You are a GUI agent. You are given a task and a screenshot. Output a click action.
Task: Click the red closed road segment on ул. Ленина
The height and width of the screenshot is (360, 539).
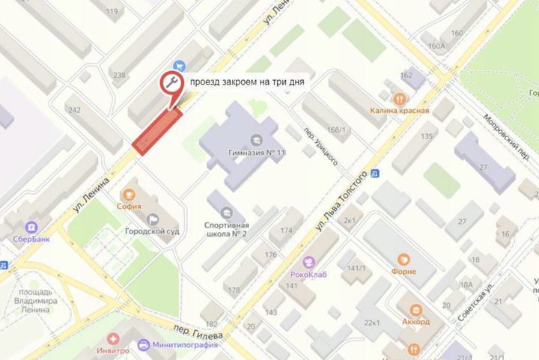pyautogui.click(x=158, y=129)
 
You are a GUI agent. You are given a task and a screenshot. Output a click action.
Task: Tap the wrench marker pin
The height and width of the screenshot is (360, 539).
pyautogui.click(x=173, y=84)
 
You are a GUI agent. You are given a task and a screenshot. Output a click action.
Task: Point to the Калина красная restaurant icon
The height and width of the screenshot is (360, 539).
pyautogui.click(x=399, y=98)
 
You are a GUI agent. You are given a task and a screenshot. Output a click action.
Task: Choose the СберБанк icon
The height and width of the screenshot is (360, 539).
pyautogui.click(x=33, y=227)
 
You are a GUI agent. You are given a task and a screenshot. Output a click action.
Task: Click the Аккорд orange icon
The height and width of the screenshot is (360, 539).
pyautogui.click(x=413, y=309)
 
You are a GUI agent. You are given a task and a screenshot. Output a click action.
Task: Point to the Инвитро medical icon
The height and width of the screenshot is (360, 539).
pyautogui.click(x=113, y=338)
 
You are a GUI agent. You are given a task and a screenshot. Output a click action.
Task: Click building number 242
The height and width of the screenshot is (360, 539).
pyautogui.click(x=74, y=110)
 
